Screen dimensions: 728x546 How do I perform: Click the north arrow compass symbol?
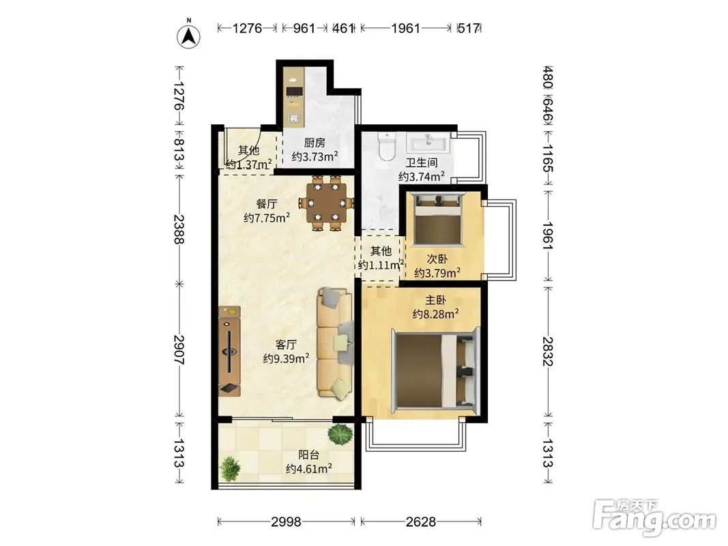tap(189, 35)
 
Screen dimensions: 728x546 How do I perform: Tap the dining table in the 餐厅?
tap(326, 203)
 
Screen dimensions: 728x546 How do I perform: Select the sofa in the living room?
tap(335, 343)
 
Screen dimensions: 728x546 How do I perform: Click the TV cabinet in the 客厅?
tap(229, 351)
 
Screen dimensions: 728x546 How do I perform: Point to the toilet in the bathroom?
tap(386, 146)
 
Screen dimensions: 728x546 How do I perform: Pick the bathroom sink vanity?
tap(428, 143)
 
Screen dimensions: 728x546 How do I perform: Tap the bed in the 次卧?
tap(438, 219)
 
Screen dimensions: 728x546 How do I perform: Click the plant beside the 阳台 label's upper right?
tap(340, 434)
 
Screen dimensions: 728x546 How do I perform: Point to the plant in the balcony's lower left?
tap(229, 468)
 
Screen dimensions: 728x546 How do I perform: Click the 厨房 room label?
tap(315, 143)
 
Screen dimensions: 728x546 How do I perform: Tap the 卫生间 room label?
tap(422, 163)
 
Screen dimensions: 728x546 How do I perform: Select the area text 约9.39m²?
tap(287, 358)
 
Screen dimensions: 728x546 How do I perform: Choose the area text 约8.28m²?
tap(436, 314)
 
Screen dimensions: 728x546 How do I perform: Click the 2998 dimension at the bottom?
tap(286, 522)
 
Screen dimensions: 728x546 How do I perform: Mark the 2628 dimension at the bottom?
tap(421, 522)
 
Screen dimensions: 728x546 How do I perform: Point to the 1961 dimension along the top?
tap(406, 28)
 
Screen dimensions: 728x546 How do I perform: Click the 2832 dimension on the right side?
tap(549, 351)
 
